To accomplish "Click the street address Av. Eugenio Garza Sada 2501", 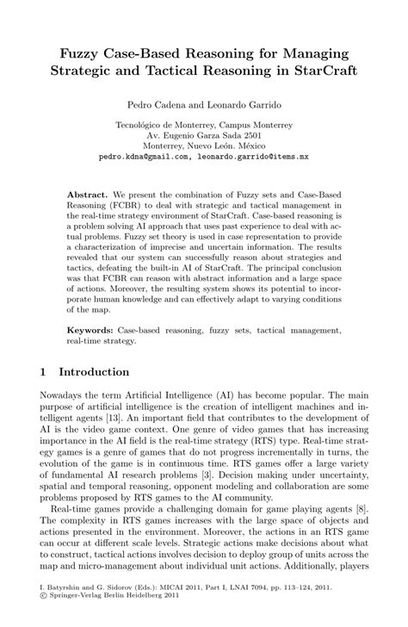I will (x=203, y=136).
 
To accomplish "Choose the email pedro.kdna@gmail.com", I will (x=145, y=158).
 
